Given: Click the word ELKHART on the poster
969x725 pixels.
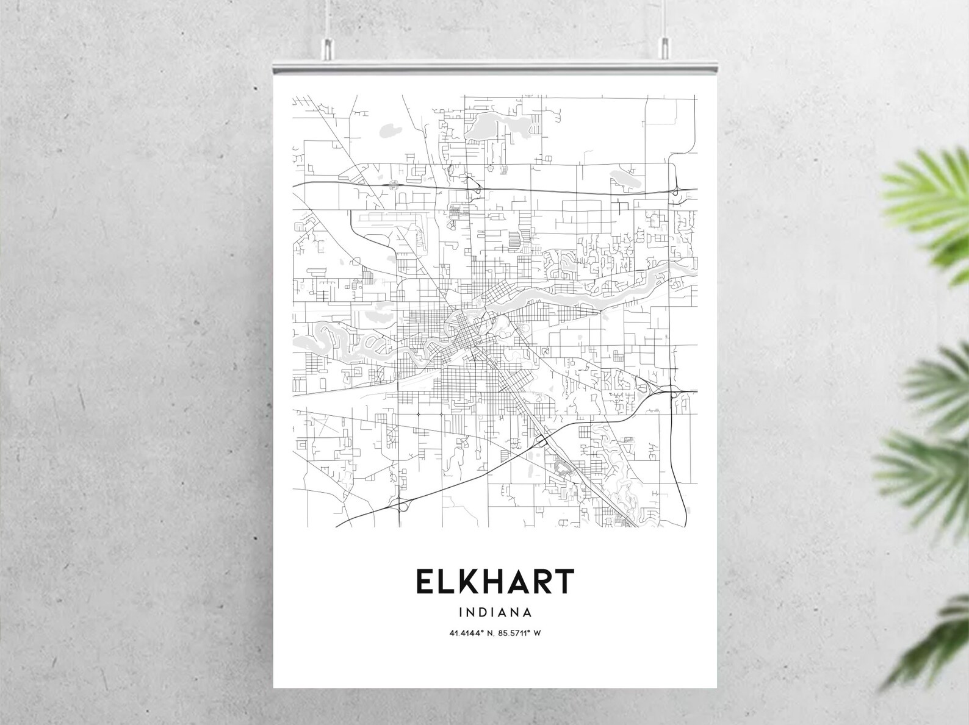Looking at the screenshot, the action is (495, 582).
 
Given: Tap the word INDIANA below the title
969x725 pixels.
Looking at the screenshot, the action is (495, 612).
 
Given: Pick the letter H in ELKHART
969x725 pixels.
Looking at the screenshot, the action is (491, 582).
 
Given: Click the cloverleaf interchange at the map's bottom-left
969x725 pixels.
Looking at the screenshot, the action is (403, 504).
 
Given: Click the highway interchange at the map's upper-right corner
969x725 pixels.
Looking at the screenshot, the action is (677, 191).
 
